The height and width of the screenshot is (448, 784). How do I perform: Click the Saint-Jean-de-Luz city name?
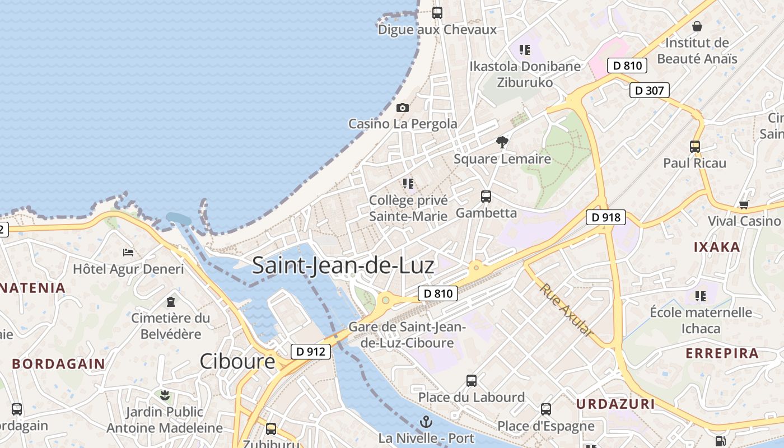point(343,265)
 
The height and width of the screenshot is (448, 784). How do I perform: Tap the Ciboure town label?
point(237,361)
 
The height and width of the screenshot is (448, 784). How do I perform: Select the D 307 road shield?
point(650,90)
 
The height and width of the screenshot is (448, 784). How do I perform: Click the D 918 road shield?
point(606,217)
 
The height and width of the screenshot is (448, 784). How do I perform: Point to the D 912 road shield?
point(310,352)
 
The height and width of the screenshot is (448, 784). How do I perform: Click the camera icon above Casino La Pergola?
point(402,108)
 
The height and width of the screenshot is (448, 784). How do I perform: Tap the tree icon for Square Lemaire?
point(502,142)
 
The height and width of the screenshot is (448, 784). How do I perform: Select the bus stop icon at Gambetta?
point(486,197)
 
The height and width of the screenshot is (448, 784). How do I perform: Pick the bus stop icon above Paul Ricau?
point(694,147)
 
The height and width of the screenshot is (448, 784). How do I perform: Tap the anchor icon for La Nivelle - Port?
point(426,422)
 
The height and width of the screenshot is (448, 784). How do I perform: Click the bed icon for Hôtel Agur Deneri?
point(128,253)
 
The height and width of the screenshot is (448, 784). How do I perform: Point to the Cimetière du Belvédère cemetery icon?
point(170,302)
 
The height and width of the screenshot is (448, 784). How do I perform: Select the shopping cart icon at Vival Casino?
point(743,204)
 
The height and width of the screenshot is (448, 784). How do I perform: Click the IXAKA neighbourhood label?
point(717,247)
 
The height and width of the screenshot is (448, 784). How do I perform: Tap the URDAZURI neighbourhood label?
point(615,404)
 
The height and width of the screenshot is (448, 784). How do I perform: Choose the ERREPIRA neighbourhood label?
point(722,353)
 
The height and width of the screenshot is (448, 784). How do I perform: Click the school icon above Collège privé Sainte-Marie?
point(408,183)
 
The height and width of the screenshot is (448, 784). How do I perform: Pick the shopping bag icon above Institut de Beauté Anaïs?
point(697,26)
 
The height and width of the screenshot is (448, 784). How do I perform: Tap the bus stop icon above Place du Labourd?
point(472,381)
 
